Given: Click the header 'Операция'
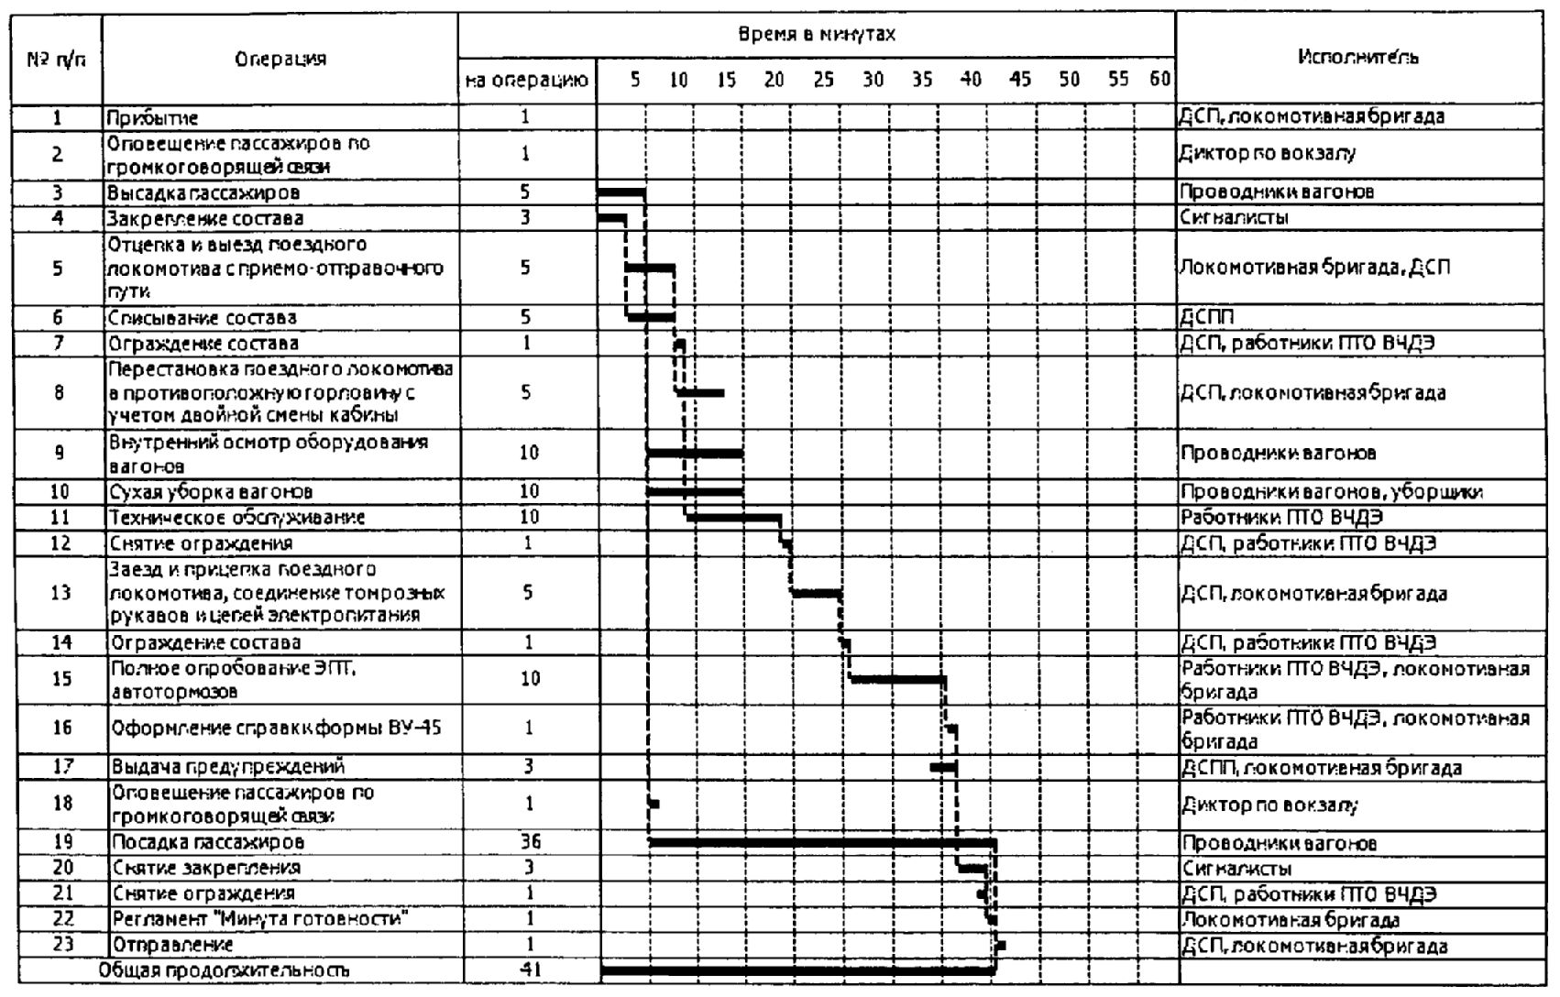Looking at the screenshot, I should (x=280, y=60).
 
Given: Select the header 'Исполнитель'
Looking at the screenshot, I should (x=1358, y=57).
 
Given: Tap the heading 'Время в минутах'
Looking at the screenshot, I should (x=816, y=35).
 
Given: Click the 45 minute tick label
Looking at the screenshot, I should (x=1019, y=80).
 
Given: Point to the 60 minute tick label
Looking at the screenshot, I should (x=1159, y=80).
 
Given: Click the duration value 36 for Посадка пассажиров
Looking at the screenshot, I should (x=529, y=842).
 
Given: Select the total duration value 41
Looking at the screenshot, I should (x=529, y=968).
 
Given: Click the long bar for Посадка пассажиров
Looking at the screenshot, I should (x=821, y=841).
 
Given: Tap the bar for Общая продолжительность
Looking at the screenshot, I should (x=797, y=969).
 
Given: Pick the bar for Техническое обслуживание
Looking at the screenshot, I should (x=733, y=518).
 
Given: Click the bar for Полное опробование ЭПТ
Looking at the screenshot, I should (x=897, y=679).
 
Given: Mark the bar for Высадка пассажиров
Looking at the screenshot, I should (x=621, y=192).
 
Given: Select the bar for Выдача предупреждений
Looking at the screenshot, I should (x=943, y=766).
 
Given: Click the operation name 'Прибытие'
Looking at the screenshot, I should (x=152, y=118).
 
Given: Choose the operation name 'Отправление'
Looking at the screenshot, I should (x=172, y=944).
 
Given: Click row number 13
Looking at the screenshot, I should (x=60, y=592).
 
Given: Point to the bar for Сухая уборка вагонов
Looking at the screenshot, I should (x=695, y=492).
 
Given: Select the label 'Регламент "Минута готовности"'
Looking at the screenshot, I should (x=259, y=919).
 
